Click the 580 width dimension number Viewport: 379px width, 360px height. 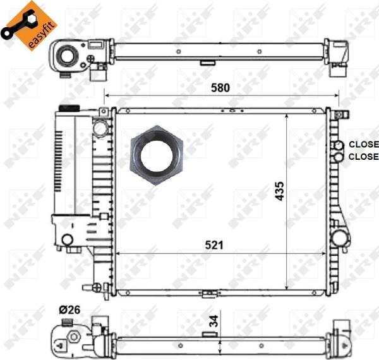[x=220, y=88]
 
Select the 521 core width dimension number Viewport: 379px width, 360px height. [x=214, y=245]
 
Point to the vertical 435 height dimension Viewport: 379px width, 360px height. [x=279, y=191]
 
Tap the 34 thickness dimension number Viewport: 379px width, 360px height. [x=214, y=321]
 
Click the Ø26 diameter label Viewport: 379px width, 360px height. [x=69, y=309]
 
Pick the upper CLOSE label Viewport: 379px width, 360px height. [x=364, y=144]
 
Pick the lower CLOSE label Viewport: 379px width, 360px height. [x=364, y=157]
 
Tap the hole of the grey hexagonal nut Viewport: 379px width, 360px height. [x=157, y=155]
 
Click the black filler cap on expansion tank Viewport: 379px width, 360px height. [x=69, y=108]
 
